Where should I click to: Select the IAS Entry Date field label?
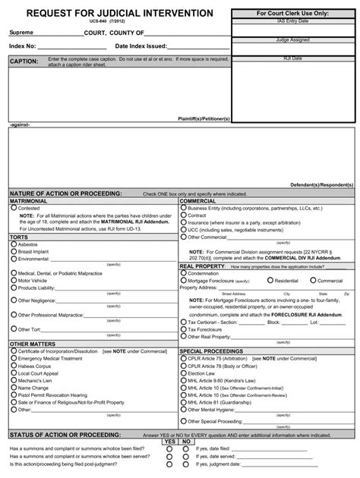[x=294, y=22]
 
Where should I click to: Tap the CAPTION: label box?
[x=24, y=61]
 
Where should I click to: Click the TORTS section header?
[x=19, y=237]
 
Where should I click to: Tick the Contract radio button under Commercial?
[x=183, y=215]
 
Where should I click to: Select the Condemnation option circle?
[x=183, y=273]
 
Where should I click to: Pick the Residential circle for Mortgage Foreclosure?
[x=270, y=280]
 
